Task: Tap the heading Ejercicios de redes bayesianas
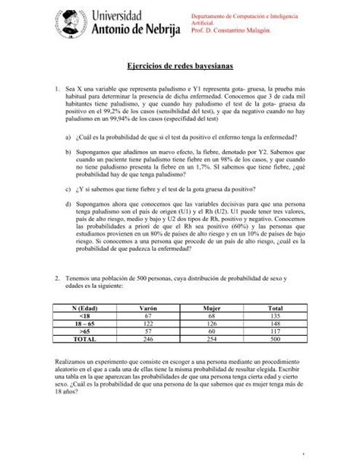tap(179, 69)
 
